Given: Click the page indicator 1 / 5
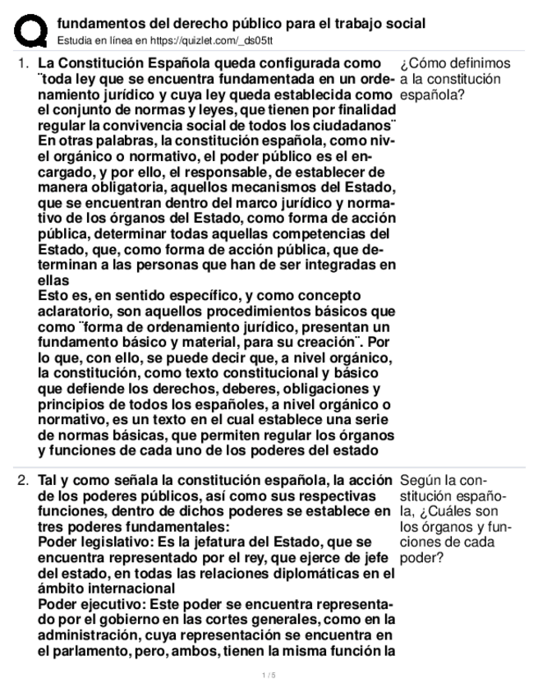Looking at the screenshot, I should click(269, 675).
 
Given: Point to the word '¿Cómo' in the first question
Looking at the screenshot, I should click(421, 63).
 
